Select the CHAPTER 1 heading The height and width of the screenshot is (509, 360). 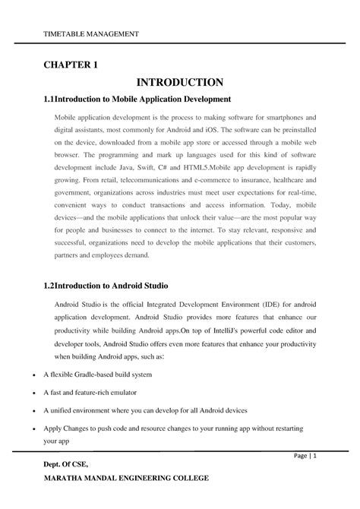pyautogui.click(x=70, y=65)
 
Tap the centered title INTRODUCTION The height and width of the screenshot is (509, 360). pyautogui.click(x=179, y=82)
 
